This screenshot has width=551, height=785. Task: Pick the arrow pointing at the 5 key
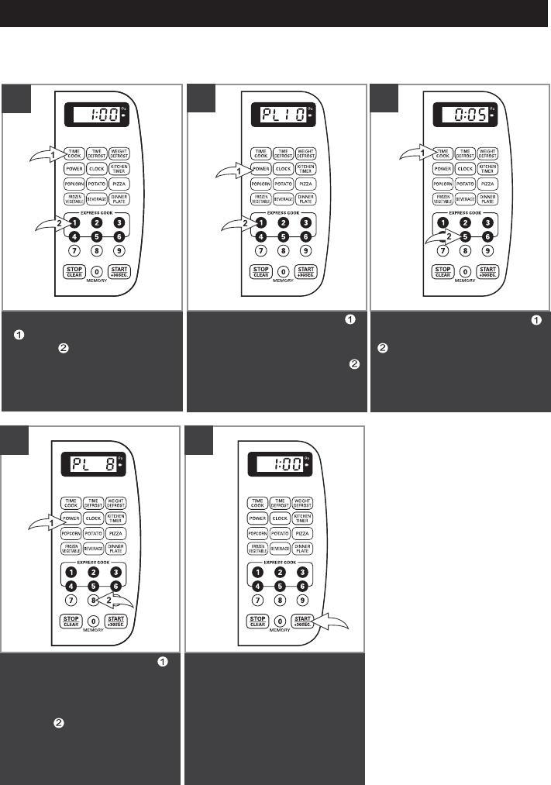(x=439, y=242)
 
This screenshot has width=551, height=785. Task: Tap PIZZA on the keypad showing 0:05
(x=487, y=184)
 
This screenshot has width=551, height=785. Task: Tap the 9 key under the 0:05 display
(x=487, y=251)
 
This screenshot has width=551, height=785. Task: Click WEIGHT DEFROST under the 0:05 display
(x=487, y=153)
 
